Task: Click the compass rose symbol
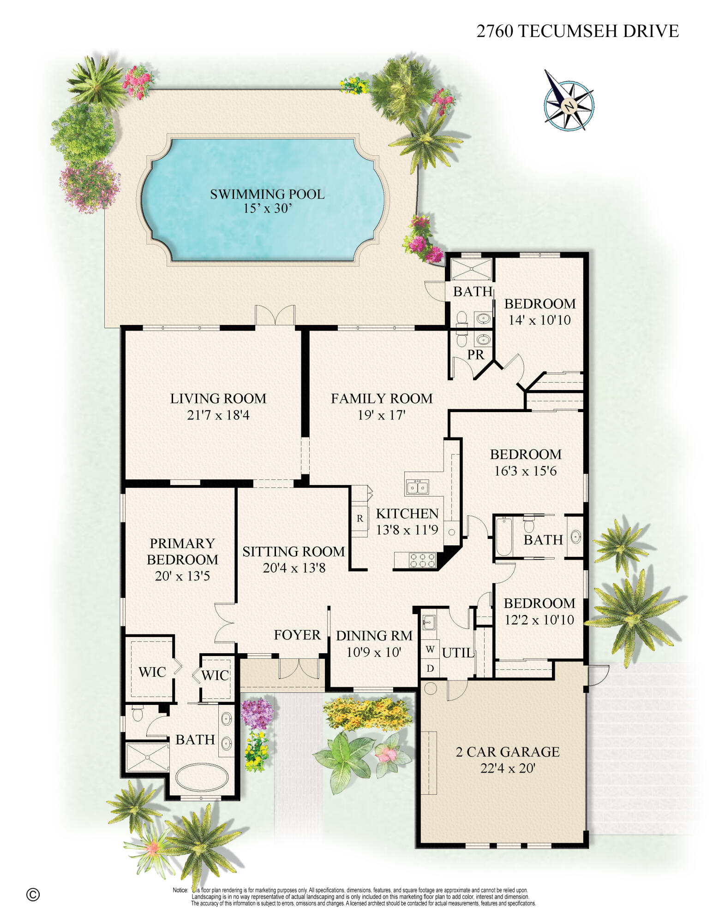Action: tap(569, 106)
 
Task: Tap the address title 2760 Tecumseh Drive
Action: tap(577, 31)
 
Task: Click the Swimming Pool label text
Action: tap(267, 194)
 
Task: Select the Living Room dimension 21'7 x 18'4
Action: tap(218, 415)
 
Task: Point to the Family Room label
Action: tap(382, 398)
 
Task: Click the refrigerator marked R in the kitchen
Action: tap(360, 518)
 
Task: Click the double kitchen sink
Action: tap(417, 487)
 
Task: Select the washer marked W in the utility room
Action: tap(430, 650)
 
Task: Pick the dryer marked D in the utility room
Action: tap(430, 668)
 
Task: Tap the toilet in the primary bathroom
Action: tap(138, 714)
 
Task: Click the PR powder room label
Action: tap(475, 355)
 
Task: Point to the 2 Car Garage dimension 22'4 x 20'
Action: tap(507, 768)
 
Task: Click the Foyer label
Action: tap(297, 635)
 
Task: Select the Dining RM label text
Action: tap(374, 636)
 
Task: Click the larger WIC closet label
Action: tap(152, 672)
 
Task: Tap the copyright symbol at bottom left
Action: tap(33, 895)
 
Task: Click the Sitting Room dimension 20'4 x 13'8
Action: tap(294, 568)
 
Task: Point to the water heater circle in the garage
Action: tap(430, 689)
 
